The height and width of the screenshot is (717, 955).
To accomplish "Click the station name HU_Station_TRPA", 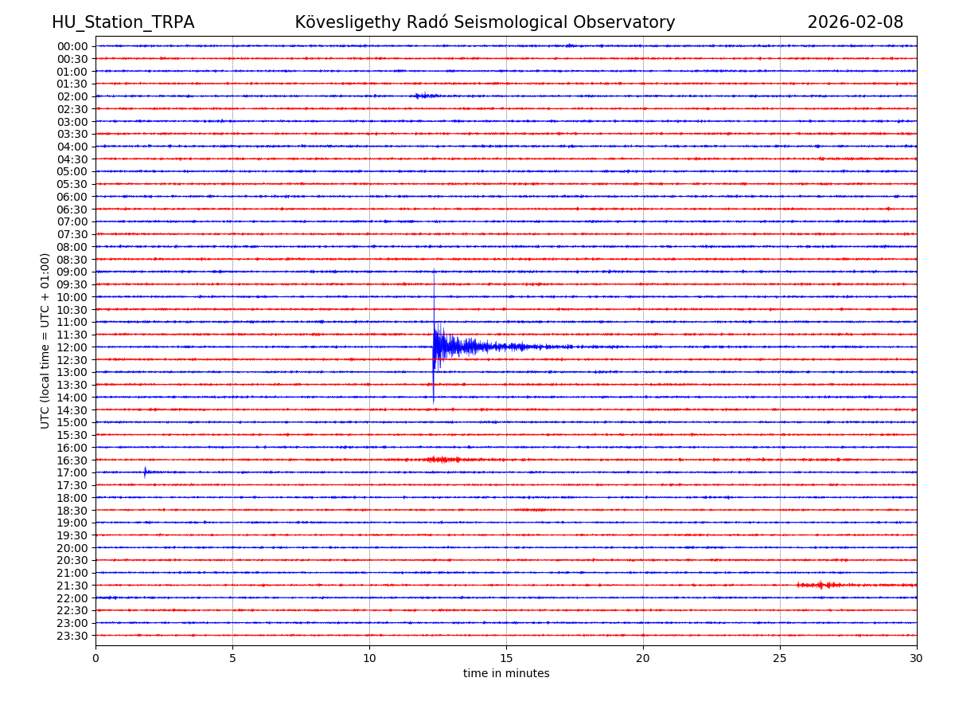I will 123,23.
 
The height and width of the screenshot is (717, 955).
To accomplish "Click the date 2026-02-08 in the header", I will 855,23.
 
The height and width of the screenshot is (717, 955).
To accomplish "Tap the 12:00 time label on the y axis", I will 72,347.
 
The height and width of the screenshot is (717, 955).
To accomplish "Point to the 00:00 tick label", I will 72,46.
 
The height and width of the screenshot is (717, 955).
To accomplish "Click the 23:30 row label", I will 72,636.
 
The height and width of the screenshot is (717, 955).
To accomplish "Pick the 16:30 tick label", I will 72,460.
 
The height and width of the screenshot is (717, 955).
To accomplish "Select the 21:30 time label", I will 72,586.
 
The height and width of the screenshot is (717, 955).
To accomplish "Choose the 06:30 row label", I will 72,210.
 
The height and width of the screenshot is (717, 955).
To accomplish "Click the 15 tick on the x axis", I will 506,659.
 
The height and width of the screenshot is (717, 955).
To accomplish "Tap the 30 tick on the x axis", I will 916,659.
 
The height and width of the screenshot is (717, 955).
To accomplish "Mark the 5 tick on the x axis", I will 232,659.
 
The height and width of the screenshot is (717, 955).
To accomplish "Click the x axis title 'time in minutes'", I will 506,674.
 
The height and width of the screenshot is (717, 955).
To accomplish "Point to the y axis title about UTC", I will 45,340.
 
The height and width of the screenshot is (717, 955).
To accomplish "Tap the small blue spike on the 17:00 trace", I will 145,472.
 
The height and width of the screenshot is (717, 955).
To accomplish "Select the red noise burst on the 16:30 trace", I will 442,460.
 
